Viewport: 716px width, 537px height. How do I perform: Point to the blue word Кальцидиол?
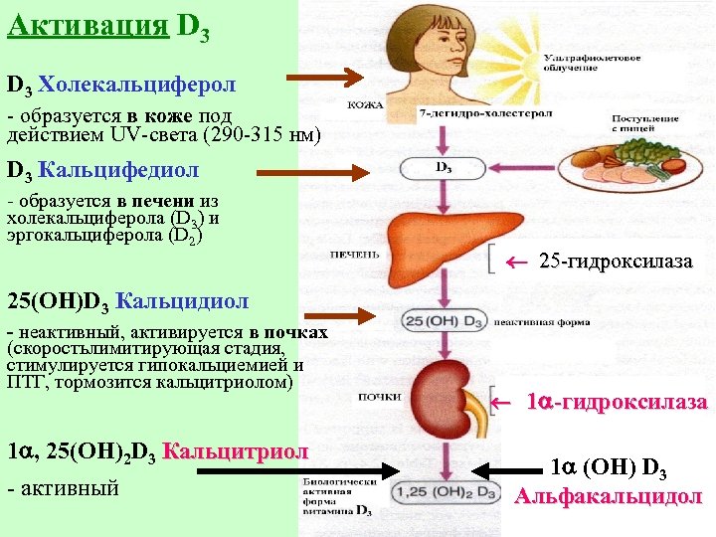click(182, 299)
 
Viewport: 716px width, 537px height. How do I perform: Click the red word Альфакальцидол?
click(609, 496)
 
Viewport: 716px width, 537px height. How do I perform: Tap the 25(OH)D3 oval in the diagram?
click(444, 321)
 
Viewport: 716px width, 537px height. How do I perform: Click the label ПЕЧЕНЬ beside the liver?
click(354, 255)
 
